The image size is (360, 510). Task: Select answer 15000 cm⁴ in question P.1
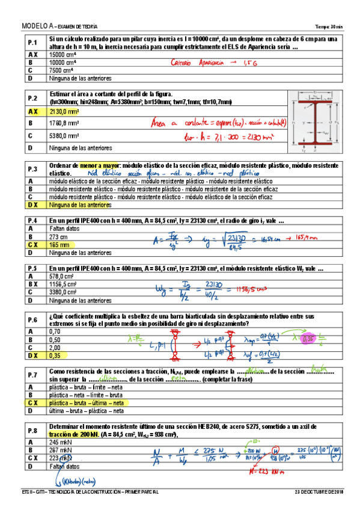[63, 54]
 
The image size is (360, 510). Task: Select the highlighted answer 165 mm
[59, 245]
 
